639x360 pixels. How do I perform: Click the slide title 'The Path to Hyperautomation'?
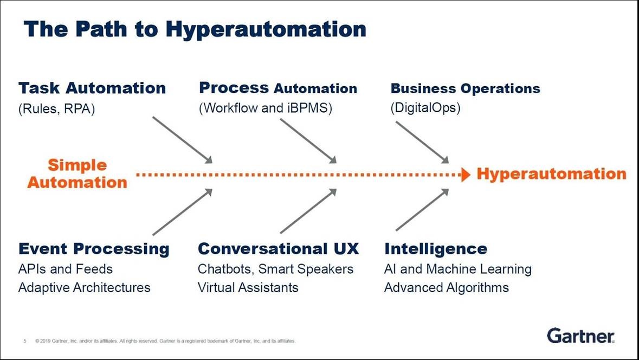coord(195,29)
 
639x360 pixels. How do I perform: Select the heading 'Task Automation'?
coord(92,88)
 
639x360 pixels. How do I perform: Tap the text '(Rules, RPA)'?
coord(56,108)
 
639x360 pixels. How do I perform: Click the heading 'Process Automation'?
coord(278,88)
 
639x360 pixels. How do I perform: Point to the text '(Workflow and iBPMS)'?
coord(266,108)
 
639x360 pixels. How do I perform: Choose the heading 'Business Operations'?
coord(465,88)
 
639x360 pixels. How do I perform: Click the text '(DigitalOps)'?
coord(425,108)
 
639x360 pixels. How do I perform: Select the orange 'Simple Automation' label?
coord(77,173)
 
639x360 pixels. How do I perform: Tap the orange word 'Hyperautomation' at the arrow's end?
coord(551,174)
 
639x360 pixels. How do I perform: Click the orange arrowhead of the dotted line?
coord(464,175)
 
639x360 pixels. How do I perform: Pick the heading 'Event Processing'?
coord(94,249)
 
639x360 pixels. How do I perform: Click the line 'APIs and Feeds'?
coord(66,269)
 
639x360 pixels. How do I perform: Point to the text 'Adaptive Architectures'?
coord(84,287)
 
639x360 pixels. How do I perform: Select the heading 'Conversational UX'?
coord(278,249)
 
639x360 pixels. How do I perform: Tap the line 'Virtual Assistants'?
coord(248,287)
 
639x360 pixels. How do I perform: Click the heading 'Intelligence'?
coord(436,249)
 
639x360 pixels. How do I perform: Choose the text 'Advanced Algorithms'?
coord(446,287)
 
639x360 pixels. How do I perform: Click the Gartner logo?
coord(580,336)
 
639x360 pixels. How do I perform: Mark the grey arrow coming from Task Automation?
coord(182,139)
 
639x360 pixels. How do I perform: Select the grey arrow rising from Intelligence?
coord(422,210)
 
